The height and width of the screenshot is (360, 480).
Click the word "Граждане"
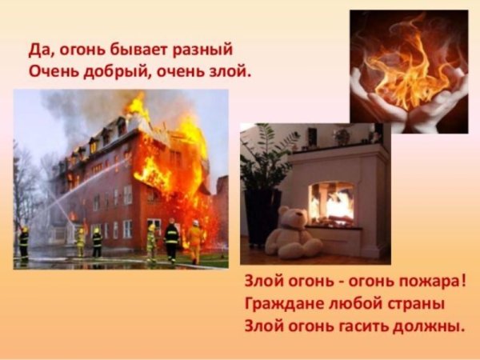click(x=280, y=304)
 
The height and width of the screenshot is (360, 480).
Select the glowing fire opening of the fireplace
click(x=331, y=202)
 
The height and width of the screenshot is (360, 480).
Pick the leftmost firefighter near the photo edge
click(x=23, y=242)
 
